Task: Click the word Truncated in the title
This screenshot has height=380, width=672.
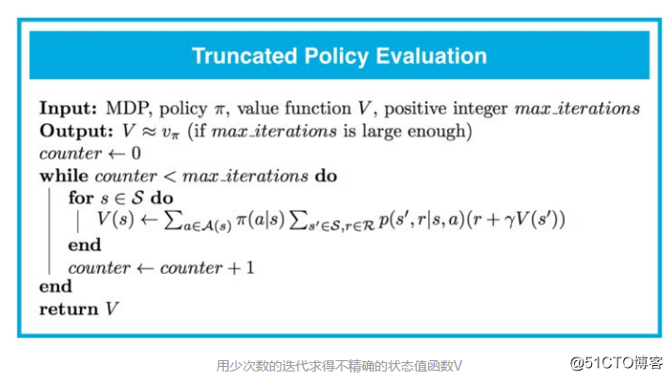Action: (x=245, y=56)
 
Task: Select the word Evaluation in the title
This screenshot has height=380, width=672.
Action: (x=431, y=56)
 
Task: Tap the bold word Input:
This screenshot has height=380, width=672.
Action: (x=69, y=108)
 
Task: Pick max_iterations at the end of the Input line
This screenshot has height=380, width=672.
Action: (x=577, y=108)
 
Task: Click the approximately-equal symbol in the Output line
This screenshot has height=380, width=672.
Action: (x=149, y=132)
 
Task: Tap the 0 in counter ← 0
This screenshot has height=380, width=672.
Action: (x=136, y=153)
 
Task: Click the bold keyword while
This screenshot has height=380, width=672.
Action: (x=64, y=176)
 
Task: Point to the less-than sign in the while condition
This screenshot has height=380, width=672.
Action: (x=170, y=176)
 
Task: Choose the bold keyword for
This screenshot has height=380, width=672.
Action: (x=81, y=198)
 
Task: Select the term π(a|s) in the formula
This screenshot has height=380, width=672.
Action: (x=261, y=219)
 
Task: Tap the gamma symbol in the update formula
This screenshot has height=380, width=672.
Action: (x=509, y=221)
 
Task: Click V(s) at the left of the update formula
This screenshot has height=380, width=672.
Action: (x=115, y=219)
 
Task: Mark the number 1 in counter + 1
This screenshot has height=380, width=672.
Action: (x=250, y=268)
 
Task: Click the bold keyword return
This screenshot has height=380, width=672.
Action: (x=69, y=309)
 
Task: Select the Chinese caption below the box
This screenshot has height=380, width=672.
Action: (x=339, y=366)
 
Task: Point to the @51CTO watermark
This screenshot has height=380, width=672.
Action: (x=616, y=363)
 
